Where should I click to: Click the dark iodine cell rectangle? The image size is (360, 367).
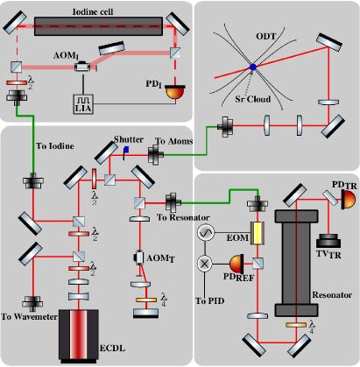point(98,26)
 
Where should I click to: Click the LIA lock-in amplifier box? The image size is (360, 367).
point(83,104)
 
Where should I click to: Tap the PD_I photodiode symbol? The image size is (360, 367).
point(175,92)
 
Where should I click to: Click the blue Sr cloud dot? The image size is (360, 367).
point(253,67)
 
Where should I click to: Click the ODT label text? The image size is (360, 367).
point(265,37)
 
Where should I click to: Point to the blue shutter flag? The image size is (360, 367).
point(126,150)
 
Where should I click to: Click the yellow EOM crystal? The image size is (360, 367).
point(258,233)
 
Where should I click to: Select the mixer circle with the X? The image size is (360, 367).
point(205,264)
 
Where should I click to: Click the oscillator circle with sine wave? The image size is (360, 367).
point(206,232)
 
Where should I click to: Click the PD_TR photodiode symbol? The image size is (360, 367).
point(348,200)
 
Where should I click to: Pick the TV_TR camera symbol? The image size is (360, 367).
point(328,241)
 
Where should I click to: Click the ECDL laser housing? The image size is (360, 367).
point(79,336)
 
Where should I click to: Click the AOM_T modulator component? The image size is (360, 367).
point(139,258)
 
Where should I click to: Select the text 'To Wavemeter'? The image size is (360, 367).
point(29,317)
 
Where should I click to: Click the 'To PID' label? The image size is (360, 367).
point(210,300)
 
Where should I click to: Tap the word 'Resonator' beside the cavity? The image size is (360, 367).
point(332,295)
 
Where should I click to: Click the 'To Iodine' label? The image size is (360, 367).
point(55,146)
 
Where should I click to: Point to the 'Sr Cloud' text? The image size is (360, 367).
point(253,99)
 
